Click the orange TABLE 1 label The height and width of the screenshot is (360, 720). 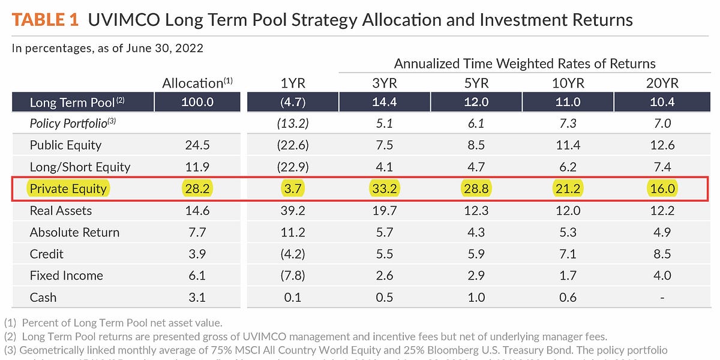click(x=45, y=20)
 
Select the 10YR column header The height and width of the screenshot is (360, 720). click(x=568, y=83)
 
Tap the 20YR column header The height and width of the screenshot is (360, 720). click(x=662, y=83)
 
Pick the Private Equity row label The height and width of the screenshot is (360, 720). click(x=68, y=188)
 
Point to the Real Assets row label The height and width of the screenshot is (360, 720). click(x=61, y=211)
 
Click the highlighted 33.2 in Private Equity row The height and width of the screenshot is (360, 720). click(x=384, y=188)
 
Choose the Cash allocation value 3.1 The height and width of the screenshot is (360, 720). click(x=197, y=297)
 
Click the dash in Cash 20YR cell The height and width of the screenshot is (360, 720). click(x=662, y=298)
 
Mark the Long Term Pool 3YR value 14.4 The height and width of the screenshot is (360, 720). click(x=384, y=103)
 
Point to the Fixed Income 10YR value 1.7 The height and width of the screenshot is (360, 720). click(x=568, y=275)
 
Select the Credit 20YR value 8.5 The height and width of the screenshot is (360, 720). click(x=662, y=254)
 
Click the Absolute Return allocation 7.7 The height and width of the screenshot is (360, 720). click(x=197, y=232)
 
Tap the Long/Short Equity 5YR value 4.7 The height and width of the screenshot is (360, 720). click(x=476, y=167)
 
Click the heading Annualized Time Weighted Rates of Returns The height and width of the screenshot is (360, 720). click(x=524, y=64)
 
